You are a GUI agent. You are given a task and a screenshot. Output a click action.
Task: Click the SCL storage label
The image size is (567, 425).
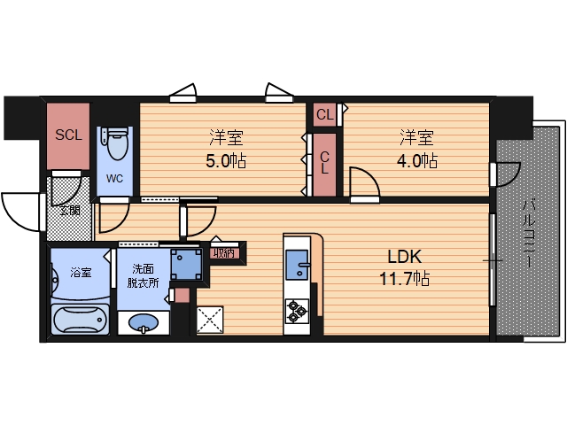point(68,135)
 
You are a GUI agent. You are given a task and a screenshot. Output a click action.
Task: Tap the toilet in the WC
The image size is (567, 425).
point(115,143)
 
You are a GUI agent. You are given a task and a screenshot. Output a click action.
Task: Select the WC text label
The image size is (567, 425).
point(114,179)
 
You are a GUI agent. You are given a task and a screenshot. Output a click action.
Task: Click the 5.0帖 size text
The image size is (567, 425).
point(226,160)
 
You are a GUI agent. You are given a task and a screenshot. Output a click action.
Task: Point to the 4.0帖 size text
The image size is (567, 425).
point(417,160)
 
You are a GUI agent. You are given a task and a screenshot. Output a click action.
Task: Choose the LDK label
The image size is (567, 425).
point(405,257)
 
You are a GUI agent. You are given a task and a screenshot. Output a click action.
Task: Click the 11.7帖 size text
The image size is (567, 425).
point(404,279)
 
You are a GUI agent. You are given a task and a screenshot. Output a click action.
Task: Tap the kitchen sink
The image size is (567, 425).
point(298,265)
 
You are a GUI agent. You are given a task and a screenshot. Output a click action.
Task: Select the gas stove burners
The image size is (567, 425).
point(297,311)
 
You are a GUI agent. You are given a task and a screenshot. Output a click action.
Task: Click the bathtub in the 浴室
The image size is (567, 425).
point(81,320)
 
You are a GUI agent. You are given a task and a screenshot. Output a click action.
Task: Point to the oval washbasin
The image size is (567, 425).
point(144,322)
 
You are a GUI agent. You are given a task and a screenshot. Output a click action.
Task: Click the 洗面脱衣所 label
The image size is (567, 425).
point(143,275)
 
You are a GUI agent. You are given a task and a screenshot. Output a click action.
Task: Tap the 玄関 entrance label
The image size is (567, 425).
point(70,210)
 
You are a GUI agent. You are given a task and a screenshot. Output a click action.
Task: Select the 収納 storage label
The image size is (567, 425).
point(224,253)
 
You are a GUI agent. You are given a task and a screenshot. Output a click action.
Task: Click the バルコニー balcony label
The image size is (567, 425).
point(528,234)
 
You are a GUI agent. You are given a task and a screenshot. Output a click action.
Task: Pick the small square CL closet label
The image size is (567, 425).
point(324,115)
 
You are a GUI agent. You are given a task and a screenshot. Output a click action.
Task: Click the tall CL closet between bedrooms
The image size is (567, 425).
point(324,165)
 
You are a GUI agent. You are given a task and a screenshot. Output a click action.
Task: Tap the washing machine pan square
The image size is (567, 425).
point(186,264)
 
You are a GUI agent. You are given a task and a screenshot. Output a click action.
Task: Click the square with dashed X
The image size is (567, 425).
point(210,320)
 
